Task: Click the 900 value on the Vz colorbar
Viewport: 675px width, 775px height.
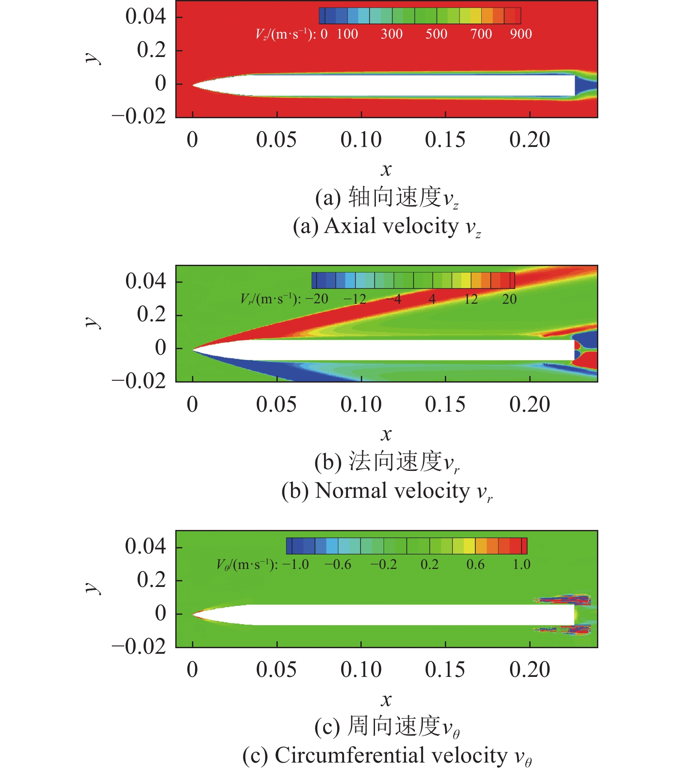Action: tap(521, 34)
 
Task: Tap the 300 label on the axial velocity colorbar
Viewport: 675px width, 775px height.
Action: tap(392, 34)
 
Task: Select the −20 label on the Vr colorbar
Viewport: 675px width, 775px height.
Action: tap(317, 299)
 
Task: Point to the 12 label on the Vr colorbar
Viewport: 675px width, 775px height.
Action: tap(471, 299)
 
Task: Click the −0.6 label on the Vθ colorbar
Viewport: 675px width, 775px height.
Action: tap(338, 564)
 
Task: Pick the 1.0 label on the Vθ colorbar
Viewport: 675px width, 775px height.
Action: tap(522, 564)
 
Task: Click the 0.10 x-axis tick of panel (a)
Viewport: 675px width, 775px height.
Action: tap(361, 140)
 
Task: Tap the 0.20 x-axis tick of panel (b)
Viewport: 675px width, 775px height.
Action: tap(530, 404)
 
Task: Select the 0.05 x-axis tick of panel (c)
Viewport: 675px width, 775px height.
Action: tap(276, 669)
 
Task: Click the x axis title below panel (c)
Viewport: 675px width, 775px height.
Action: tap(386, 700)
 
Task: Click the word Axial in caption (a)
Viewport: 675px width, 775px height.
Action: tap(349, 226)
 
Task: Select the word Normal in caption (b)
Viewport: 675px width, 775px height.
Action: tap(350, 491)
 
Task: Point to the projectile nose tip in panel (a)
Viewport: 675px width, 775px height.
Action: tap(193, 85)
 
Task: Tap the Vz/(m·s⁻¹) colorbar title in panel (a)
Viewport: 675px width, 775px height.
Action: tap(285, 34)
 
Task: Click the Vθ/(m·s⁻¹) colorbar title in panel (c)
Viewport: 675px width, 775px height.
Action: tap(247, 564)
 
